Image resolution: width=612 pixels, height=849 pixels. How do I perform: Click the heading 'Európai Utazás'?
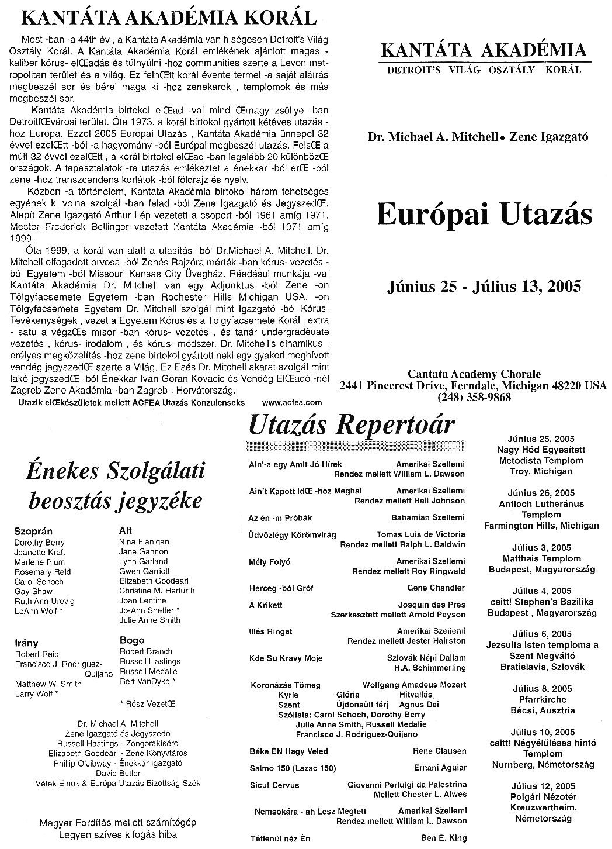coord(484,215)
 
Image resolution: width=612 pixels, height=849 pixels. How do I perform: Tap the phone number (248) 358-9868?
coord(474,398)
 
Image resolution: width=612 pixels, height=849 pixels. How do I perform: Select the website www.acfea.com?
coord(292,402)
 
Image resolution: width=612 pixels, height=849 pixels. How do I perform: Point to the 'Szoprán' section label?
coord(33,532)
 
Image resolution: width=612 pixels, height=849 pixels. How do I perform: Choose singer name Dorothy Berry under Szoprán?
coord(39,543)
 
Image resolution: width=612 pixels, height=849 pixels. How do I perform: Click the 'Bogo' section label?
coord(131,640)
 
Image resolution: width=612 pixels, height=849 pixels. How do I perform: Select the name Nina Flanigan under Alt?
coord(144,542)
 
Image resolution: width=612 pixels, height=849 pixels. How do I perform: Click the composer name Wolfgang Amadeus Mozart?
coord(414,685)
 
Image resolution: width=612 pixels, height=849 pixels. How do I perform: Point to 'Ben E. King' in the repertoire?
coord(444,838)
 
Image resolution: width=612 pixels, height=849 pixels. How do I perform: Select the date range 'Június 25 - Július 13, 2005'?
coord(484,287)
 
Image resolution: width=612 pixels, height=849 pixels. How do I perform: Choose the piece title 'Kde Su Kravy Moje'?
coord(286,658)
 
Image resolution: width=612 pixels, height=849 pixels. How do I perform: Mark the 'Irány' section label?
coord(26,643)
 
